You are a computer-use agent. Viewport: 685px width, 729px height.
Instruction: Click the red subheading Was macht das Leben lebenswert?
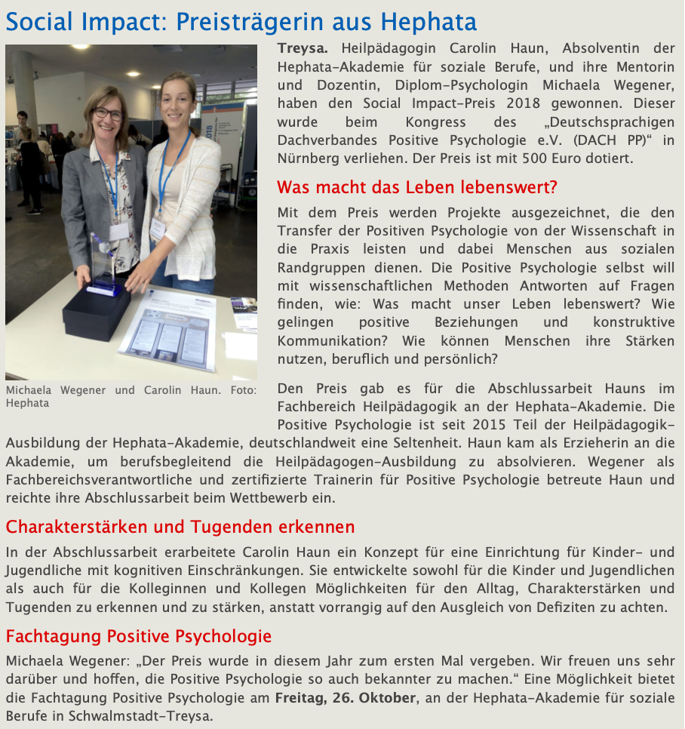tap(417, 187)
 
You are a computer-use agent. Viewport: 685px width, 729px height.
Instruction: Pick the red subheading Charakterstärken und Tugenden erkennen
tap(180, 526)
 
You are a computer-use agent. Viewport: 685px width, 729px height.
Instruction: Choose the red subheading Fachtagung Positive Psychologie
tap(139, 636)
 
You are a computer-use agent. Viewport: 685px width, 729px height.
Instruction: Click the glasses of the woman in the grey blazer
tap(108, 114)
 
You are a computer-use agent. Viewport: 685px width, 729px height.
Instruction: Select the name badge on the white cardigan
tap(157, 228)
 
